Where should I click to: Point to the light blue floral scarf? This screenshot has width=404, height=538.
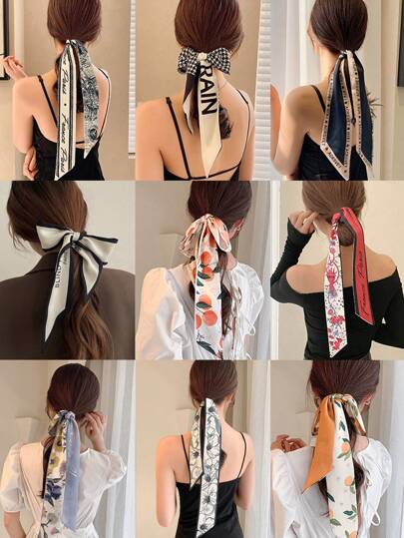tap(70, 459)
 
